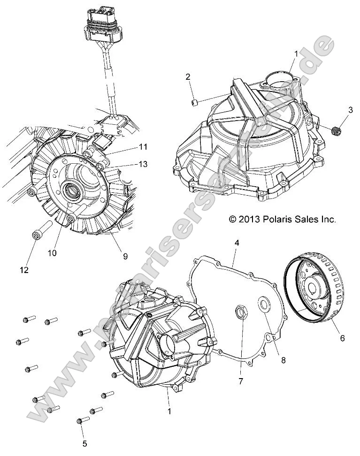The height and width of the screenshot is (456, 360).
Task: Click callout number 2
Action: [x=188, y=77]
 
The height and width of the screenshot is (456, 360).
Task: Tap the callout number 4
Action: [x=237, y=243]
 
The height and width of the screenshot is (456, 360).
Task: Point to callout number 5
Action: [x=84, y=442]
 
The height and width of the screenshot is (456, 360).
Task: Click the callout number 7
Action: [x=241, y=381]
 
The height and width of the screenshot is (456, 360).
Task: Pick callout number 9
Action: [x=125, y=256]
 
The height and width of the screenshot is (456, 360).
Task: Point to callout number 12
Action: [x=24, y=270]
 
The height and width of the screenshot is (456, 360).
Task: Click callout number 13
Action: [x=143, y=164]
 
